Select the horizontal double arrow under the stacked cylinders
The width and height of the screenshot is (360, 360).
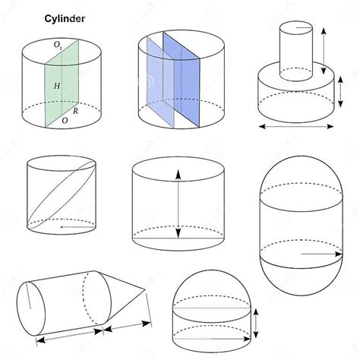click(296, 126)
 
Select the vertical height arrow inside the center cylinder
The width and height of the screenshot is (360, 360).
click(178, 201)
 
